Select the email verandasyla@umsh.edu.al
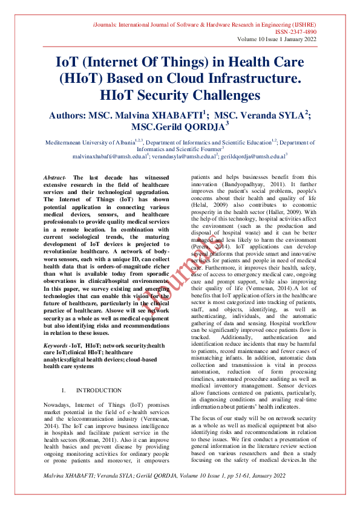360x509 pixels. tap(183, 156)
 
